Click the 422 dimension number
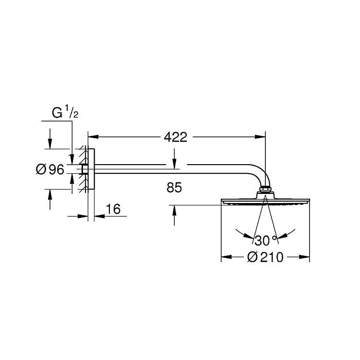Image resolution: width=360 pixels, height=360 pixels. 175,137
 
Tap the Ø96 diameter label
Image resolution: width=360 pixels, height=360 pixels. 50,169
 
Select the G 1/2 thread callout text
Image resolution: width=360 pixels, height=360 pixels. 65,112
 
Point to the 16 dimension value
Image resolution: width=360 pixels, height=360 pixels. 113,209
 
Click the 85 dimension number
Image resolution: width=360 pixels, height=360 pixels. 174,187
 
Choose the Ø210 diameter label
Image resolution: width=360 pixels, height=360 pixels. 265,257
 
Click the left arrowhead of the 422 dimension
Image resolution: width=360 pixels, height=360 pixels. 94,137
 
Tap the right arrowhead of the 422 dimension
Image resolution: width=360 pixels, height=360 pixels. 260,137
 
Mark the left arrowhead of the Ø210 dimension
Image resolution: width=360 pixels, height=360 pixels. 227,257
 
